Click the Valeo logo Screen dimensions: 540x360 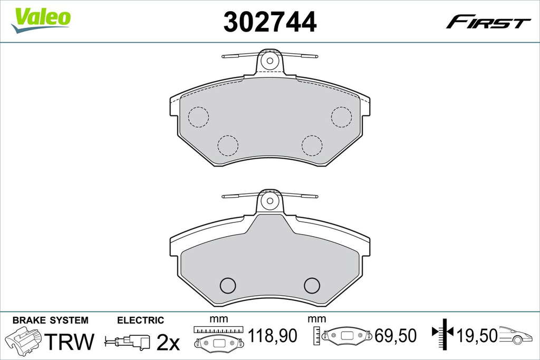[41, 21]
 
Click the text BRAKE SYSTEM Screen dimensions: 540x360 [50, 320]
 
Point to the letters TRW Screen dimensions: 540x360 [69, 341]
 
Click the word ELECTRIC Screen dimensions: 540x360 [140, 320]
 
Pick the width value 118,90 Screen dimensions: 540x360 [273, 336]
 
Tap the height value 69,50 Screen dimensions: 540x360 [396, 336]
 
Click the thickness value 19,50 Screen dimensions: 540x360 [477, 336]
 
